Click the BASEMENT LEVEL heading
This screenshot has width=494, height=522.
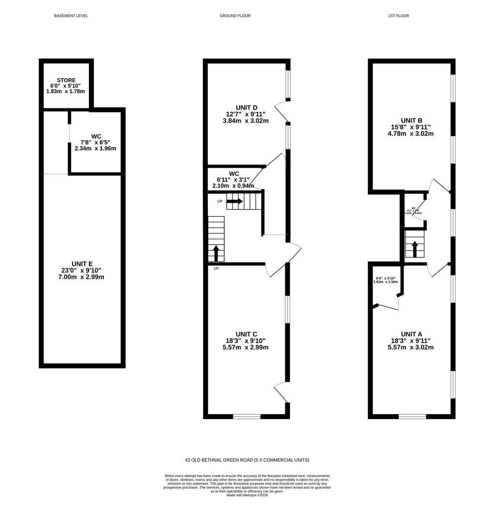pyautogui.click(x=71, y=16)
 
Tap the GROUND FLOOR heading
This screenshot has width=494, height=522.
pyautogui.click(x=235, y=16)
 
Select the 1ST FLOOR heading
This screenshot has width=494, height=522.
pyautogui.click(x=398, y=16)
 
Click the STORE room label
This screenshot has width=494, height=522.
pyautogui.click(x=66, y=80)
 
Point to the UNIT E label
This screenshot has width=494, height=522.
pyautogui.click(x=81, y=263)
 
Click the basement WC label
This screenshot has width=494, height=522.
pyautogui.click(x=96, y=136)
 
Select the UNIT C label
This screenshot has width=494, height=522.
pyautogui.click(x=246, y=334)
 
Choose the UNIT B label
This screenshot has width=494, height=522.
pyautogui.click(x=411, y=120)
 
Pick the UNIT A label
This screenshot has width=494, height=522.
pyautogui.click(x=411, y=334)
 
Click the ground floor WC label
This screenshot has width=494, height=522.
pyautogui.click(x=234, y=174)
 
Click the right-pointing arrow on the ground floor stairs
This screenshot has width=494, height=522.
pyautogui.click(x=234, y=201)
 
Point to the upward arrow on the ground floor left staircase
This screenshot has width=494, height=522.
pyautogui.click(x=216, y=253)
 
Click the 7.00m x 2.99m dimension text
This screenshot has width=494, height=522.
pyautogui.click(x=81, y=277)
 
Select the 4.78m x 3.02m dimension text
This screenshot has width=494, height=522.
pyautogui.click(x=411, y=134)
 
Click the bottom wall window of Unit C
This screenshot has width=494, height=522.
pyautogui.click(x=247, y=416)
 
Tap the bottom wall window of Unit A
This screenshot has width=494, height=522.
pyautogui.click(x=412, y=416)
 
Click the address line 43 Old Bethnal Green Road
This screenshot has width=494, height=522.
pyautogui.click(x=247, y=460)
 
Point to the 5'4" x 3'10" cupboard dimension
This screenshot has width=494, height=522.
pyautogui.click(x=385, y=278)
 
